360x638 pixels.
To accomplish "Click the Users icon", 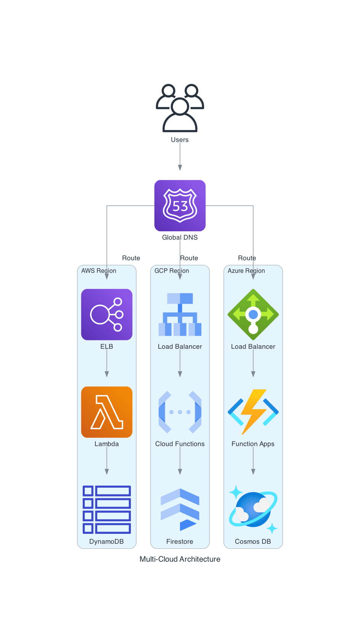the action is pos(180,108).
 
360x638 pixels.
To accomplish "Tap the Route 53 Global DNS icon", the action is pos(180,205).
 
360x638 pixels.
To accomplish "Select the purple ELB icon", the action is pos(107,314).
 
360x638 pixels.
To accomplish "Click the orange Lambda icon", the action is pos(107,412).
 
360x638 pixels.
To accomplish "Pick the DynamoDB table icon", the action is pos(107,509).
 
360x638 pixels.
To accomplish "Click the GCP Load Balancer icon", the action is pos(180,314).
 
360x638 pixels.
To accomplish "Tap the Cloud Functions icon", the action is pos(180,412).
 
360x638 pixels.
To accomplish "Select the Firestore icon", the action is pos(180,509).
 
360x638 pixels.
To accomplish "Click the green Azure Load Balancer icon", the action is pos(253,314).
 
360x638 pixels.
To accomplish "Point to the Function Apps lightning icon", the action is pos(253,412).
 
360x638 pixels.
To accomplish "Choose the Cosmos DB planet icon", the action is pos(253,509).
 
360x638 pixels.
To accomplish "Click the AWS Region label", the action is pos(99,271).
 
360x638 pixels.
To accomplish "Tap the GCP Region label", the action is pos(172,271).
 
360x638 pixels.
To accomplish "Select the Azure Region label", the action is pos(246,271).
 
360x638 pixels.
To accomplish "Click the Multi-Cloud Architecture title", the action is pos(180,559).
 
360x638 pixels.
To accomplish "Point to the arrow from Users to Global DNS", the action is pos(180,156).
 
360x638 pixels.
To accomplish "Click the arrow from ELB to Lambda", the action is pos(107,363).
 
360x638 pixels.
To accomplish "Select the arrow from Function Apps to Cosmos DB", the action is pos(253,461).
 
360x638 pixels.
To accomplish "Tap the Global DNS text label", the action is pos(180,237).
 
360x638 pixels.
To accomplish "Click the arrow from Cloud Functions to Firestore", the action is pos(180,461).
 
